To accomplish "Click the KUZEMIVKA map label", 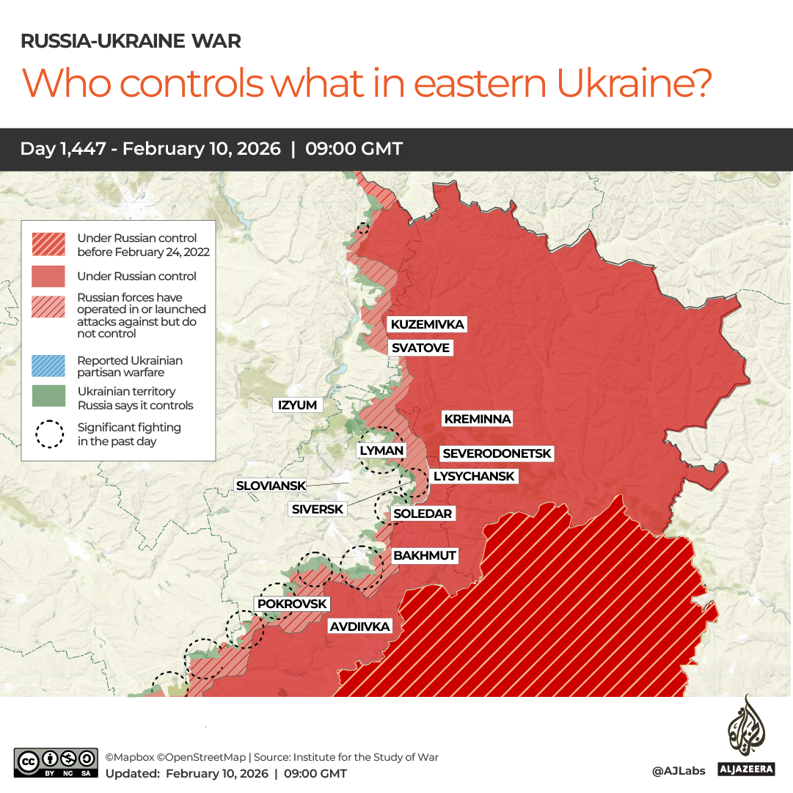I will [427, 324].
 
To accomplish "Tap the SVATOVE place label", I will [420, 348].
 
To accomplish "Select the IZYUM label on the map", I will [297, 405].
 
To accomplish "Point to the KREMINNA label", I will [477, 419].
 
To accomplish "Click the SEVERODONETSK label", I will [497, 454].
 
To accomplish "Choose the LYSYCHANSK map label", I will [474, 476].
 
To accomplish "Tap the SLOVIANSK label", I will [270, 486].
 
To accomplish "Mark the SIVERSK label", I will [317, 509].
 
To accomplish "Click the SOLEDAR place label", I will [423, 514].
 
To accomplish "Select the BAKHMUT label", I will [424, 555].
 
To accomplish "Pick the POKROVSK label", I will [291, 604].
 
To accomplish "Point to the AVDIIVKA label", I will [359, 626].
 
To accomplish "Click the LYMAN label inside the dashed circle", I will [381, 450].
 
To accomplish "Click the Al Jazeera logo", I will [746, 737].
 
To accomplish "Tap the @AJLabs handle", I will [678, 770].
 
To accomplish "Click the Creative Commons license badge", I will [56, 762].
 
